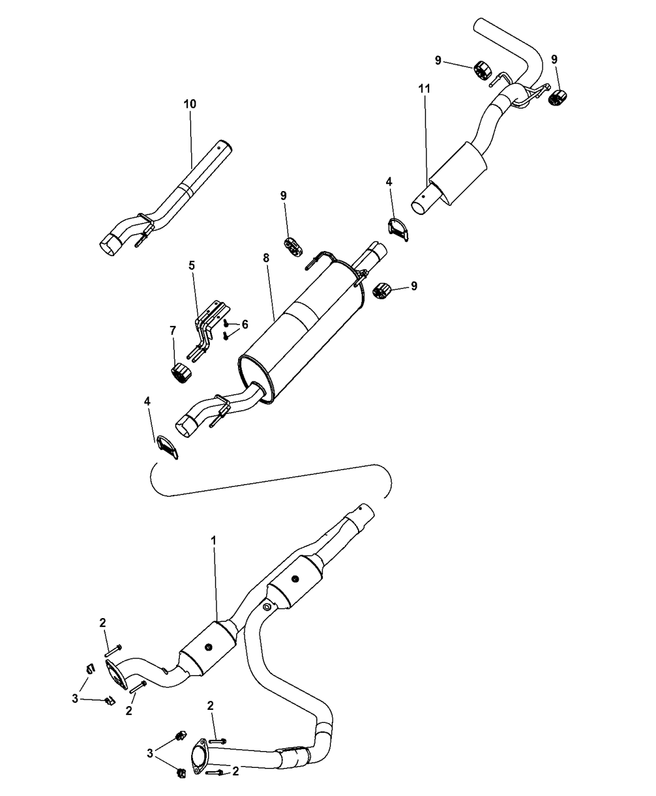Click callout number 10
tap(189, 104)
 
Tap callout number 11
tap(424, 90)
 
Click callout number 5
tap(192, 265)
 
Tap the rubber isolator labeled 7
tap(179, 373)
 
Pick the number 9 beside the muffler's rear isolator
tap(414, 285)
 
